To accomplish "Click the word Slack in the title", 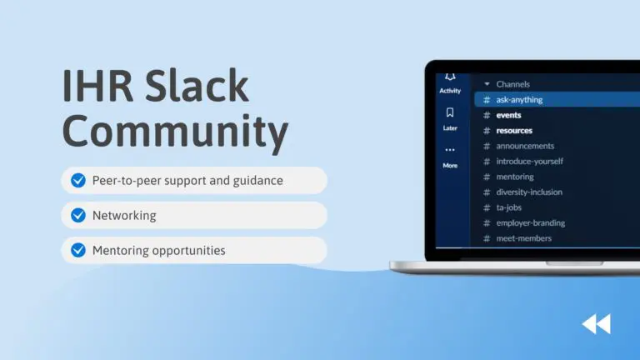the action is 197,86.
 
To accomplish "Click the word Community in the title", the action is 176,132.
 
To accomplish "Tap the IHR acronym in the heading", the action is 98,86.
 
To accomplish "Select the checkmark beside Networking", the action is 78,215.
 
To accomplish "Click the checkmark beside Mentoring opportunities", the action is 78,250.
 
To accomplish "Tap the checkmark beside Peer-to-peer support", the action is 78,180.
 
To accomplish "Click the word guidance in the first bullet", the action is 258,181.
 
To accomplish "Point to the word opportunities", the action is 188,251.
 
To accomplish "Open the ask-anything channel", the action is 519,100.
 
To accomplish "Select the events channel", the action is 508,115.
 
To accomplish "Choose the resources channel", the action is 514,131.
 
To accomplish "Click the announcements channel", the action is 525,146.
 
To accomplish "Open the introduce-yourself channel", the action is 530,161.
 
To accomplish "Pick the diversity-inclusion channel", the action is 529,192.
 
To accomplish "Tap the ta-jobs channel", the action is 509,207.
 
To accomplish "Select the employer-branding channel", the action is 531,222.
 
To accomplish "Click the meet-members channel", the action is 524,238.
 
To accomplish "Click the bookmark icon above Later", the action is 450,112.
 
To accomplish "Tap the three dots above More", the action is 450,150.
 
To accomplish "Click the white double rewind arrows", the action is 597,324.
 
